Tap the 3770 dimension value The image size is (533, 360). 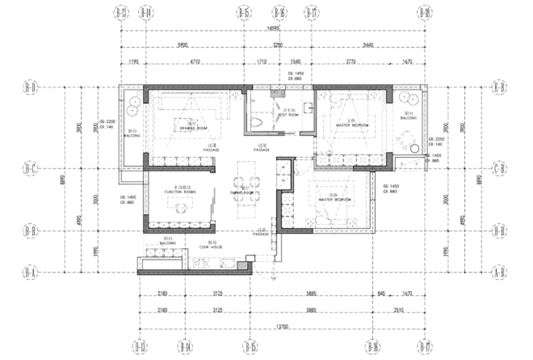point(351,61)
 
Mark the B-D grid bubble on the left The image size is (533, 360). point(30,86)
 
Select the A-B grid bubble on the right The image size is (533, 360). point(501,272)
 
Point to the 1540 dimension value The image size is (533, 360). point(296,61)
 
